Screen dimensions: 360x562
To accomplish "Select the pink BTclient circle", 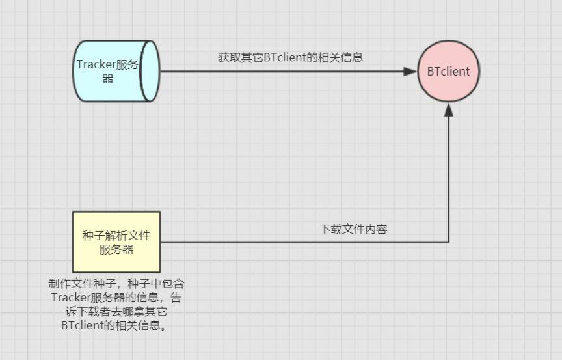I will (x=448, y=71).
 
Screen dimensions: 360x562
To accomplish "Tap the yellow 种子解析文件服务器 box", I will (x=116, y=242).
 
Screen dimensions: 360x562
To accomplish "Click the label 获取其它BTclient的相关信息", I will (x=290, y=57).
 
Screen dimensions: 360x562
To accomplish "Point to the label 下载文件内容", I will (x=353, y=229).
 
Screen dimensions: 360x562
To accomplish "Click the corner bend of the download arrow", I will (x=448, y=242).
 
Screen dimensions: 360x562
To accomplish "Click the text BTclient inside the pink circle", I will (x=448, y=71).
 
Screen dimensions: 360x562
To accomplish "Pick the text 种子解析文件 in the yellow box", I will (x=116, y=235).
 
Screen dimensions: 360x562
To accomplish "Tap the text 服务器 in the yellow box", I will (x=116, y=249).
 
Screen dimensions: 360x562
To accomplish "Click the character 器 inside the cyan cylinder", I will (x=108, y=79).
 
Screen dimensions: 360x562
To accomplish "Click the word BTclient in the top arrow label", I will (x=284, y=57).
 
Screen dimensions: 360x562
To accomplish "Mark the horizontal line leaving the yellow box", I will (x=260, y=242).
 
